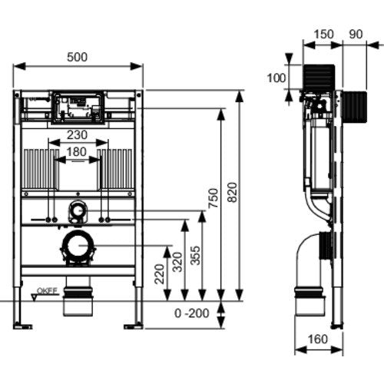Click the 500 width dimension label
point(77,57)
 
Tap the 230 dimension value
point(77,135)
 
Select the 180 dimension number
point(76,152)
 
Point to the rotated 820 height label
point(233,193)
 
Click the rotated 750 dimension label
point(213,198)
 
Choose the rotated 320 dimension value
point(177,262)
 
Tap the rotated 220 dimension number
point(160,274)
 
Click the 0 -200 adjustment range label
point(192,313)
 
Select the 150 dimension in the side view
point(323,35)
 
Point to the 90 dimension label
point(356,35)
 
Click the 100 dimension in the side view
point(276,78)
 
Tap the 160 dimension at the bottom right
point(317,339)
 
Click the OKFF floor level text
point(47,291)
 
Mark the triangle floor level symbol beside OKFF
point(34,297)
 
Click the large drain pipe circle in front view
point(78,245)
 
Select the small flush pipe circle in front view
point(78,210)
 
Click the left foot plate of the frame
point(23,326)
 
